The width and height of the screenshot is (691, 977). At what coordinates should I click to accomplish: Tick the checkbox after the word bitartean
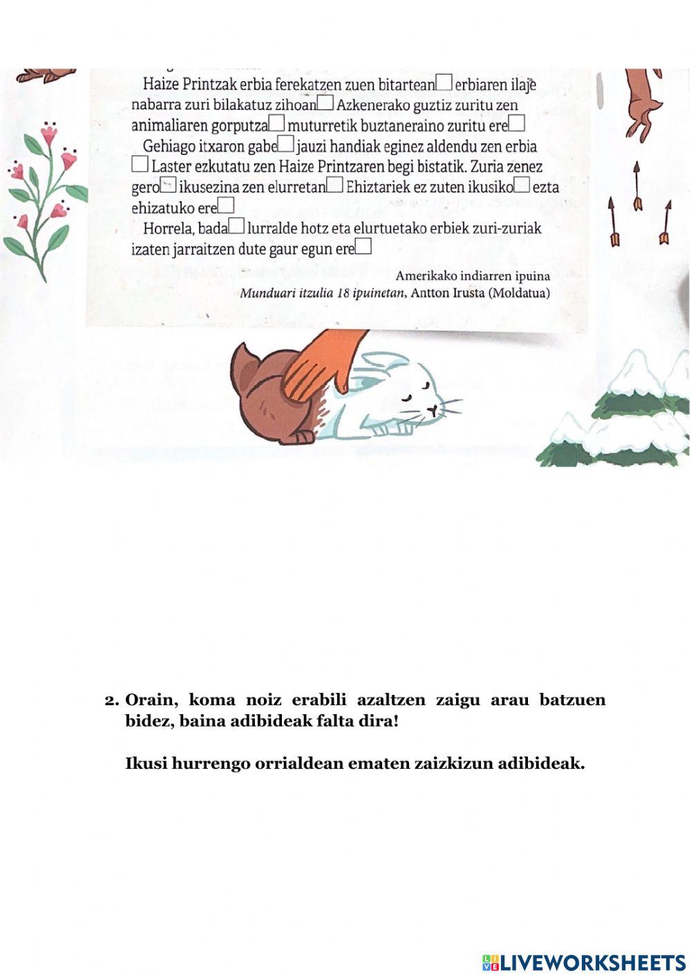444,82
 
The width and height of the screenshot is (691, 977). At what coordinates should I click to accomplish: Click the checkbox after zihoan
326,103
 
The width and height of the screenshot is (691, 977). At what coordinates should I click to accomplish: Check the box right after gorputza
277,123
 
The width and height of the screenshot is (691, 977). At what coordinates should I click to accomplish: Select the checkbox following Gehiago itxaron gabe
286,144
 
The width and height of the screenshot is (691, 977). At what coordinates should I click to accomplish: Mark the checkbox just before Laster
140,165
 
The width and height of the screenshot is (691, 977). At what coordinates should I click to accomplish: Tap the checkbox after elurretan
335,185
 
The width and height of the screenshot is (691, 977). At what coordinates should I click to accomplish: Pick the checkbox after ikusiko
522,185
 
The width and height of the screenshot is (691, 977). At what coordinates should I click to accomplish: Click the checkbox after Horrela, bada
236,225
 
